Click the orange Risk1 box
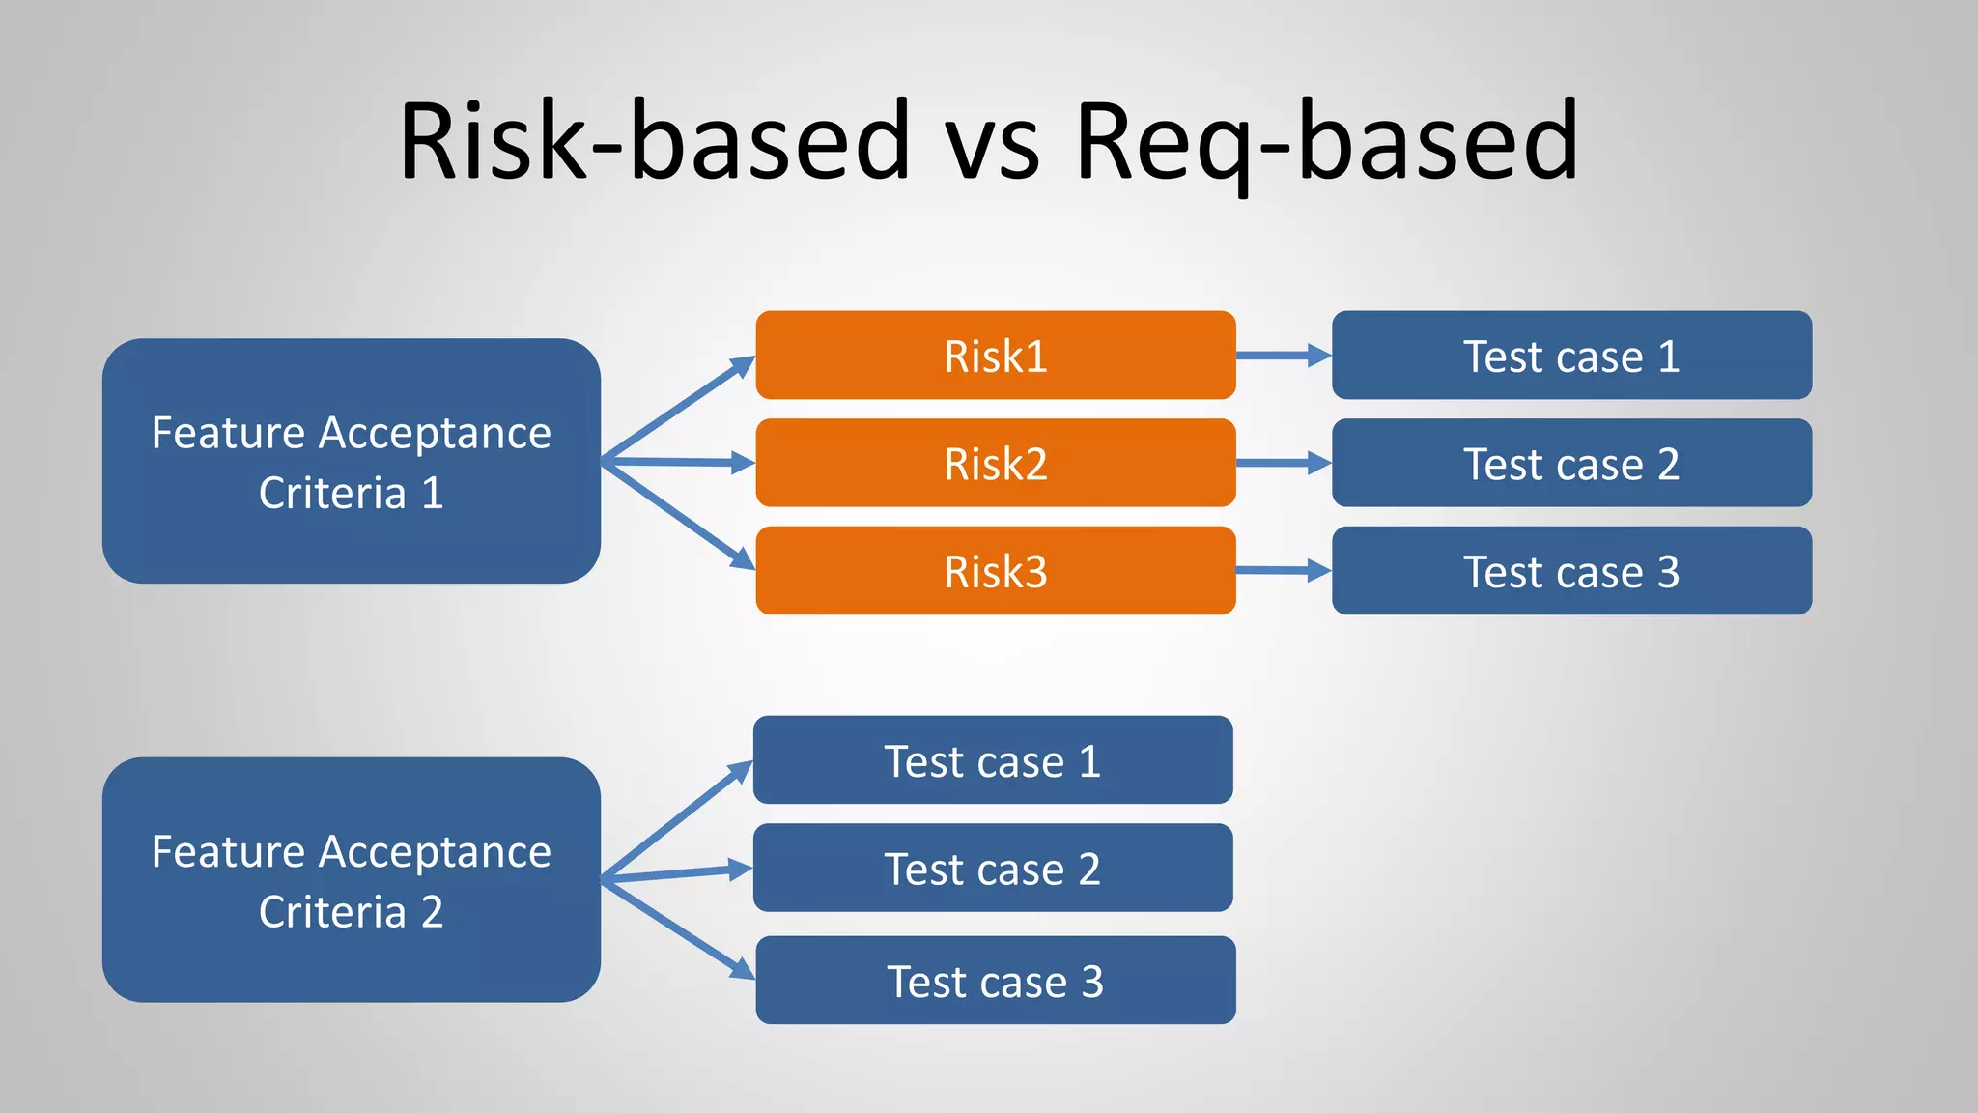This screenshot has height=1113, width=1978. [x=995, y=356]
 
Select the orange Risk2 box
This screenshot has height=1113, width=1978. [x=995, y=463]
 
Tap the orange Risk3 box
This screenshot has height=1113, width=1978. [x=995, y=571]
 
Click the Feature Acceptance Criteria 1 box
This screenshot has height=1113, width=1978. [x=351, y=461]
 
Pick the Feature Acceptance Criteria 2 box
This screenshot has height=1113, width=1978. [x=351, y=880]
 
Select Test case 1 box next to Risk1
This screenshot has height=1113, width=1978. [x=1571, y=356]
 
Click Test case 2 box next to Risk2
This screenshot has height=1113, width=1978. [x=1571, y=463]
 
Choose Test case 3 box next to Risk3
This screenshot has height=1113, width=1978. [x=1571, y=571]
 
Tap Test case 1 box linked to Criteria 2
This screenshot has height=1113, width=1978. [x=992, y=760]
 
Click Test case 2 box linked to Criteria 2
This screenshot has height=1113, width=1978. [x=992, y=868]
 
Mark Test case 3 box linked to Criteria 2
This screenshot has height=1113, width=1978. [x=995, y=980]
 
